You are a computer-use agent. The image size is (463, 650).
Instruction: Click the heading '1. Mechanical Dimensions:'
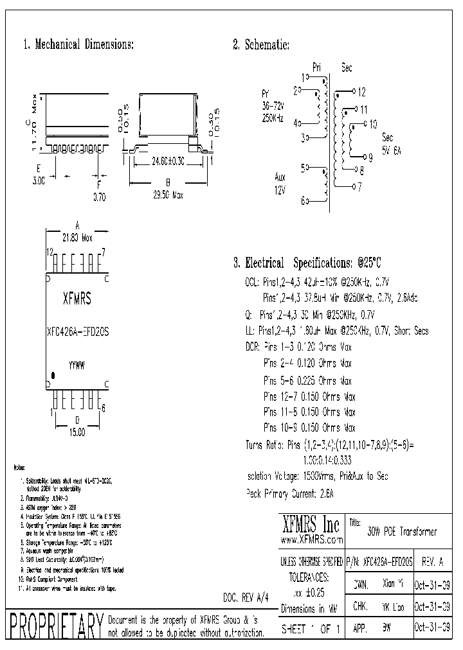[x=78, y=45]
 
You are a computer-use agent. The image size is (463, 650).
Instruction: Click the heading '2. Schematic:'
[x=260, y=45]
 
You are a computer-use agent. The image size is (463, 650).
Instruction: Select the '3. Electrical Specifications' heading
[x=307, y=263]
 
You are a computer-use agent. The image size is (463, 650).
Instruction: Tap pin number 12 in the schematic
[x=361, y=92]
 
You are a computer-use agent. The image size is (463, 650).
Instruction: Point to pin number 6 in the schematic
[x=303, y=201]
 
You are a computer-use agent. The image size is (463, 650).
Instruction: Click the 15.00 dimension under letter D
[x=77, y=433]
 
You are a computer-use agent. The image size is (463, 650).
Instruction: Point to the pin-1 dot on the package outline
[x=54, y=374]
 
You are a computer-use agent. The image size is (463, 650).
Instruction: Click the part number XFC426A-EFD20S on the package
[x=78, y=332]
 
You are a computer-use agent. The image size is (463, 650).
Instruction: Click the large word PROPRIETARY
[x=54, y=626]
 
